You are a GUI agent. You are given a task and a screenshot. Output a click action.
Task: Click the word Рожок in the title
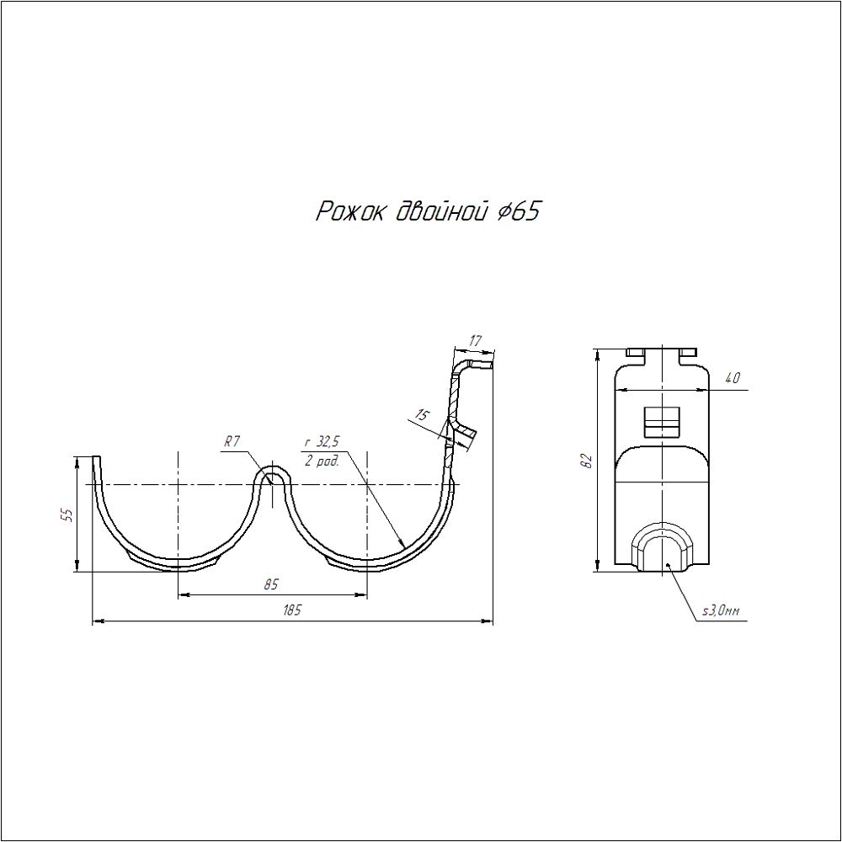(349, 211)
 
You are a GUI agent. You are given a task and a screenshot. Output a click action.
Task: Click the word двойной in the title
(441, 211)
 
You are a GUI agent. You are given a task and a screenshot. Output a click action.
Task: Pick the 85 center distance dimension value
(271, 584)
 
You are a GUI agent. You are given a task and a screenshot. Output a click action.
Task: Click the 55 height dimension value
(67, 514)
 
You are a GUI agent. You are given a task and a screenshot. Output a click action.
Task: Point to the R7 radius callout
(232, 442)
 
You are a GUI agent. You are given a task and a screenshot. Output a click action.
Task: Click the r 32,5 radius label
(322, 442)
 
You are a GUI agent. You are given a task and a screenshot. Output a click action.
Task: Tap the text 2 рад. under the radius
(322, 461)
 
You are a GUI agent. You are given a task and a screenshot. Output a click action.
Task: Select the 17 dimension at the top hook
(476, 340)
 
